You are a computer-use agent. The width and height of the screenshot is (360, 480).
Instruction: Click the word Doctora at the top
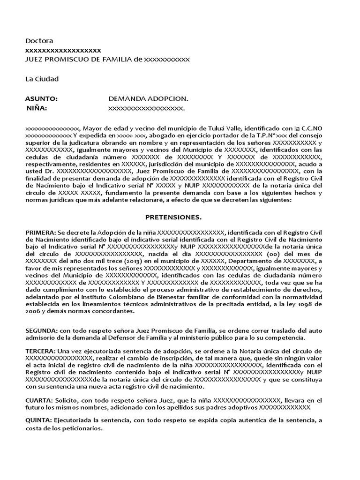coord(39,41)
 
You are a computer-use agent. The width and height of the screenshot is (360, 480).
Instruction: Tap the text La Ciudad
coord(42,79)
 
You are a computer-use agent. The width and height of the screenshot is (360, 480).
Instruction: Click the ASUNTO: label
coord(41,99)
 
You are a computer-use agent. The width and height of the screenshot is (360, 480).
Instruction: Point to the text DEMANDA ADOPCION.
coord(148,99)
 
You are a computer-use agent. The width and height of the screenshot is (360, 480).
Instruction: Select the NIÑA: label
coord(37,109)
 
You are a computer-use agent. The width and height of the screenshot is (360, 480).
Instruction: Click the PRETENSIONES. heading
coord(173,217)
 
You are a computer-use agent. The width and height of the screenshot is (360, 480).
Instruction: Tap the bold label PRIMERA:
coord(40,232)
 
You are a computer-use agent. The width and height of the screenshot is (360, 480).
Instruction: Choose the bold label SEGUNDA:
coord(41,331)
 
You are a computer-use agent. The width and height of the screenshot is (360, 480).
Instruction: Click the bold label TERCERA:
coord(40,351)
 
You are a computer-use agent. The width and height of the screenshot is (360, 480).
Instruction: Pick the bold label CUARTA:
coord(39,400)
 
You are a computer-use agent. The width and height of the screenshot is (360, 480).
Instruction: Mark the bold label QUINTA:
coord(39,420)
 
